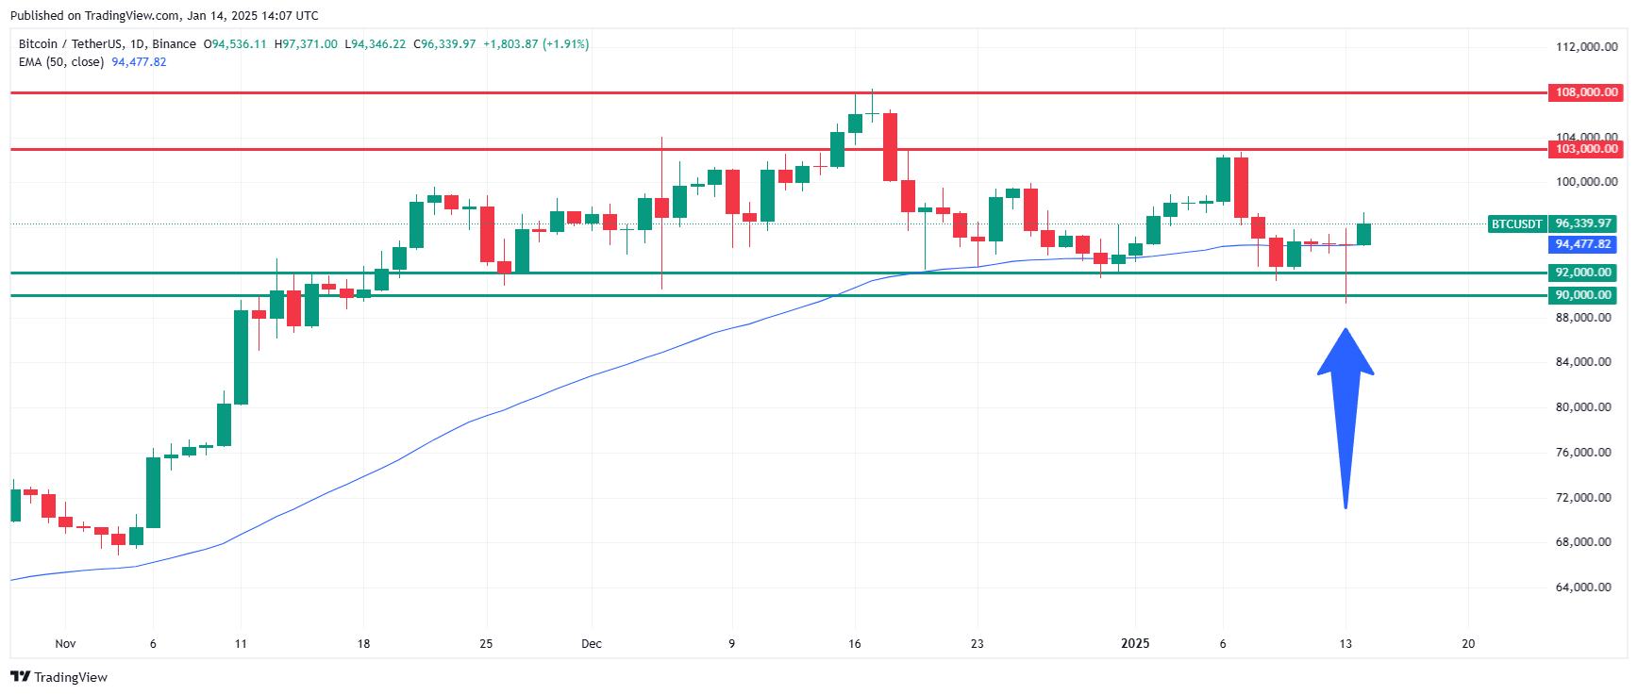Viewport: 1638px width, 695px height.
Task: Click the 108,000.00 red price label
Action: click(1586, 92)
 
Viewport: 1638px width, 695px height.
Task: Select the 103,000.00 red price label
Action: click(1586, 149)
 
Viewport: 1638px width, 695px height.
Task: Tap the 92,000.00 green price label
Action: click(1583, 273)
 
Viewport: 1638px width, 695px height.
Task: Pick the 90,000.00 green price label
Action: click(1583, 295)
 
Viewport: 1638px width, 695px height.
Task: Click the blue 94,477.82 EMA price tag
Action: click(1583, 244)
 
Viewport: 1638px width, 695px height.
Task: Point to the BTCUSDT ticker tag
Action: click(1516, 224)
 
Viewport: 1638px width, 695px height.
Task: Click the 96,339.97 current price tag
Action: click(1583, 224)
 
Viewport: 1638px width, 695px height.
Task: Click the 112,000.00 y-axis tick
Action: click(1586, 47)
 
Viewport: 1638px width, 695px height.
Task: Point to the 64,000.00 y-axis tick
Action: click(1583, 587)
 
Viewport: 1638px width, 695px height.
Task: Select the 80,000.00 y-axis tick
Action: click(1583, 407)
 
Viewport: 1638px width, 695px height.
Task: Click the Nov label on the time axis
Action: click(65, 644)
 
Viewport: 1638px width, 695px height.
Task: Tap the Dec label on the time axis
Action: click(592, 644)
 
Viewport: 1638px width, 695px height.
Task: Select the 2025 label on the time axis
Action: click(1135, 644)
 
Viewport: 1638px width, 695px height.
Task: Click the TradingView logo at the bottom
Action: click(59, 677)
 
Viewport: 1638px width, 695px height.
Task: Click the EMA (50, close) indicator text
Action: click(61, 62)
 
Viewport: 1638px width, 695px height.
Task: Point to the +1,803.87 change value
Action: click(510, 44)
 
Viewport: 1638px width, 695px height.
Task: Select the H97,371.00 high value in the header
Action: click(306, 44)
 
